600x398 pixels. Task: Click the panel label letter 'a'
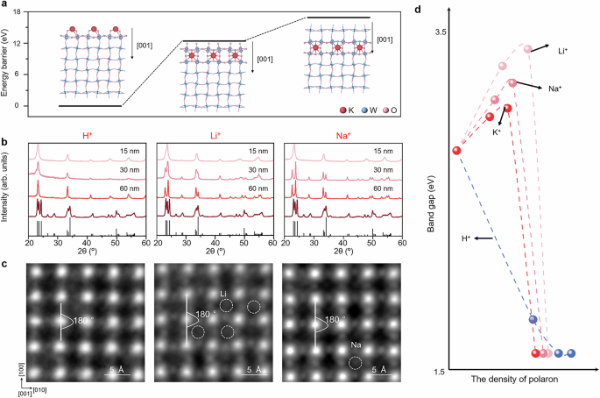pos(4,7)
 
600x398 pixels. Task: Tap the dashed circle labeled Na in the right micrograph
pos(356,361)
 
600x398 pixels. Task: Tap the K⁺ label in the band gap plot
pos(497,131)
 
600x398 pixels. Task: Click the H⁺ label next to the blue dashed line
pos(465,238)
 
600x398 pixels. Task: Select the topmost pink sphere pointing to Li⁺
pos(528,48)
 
